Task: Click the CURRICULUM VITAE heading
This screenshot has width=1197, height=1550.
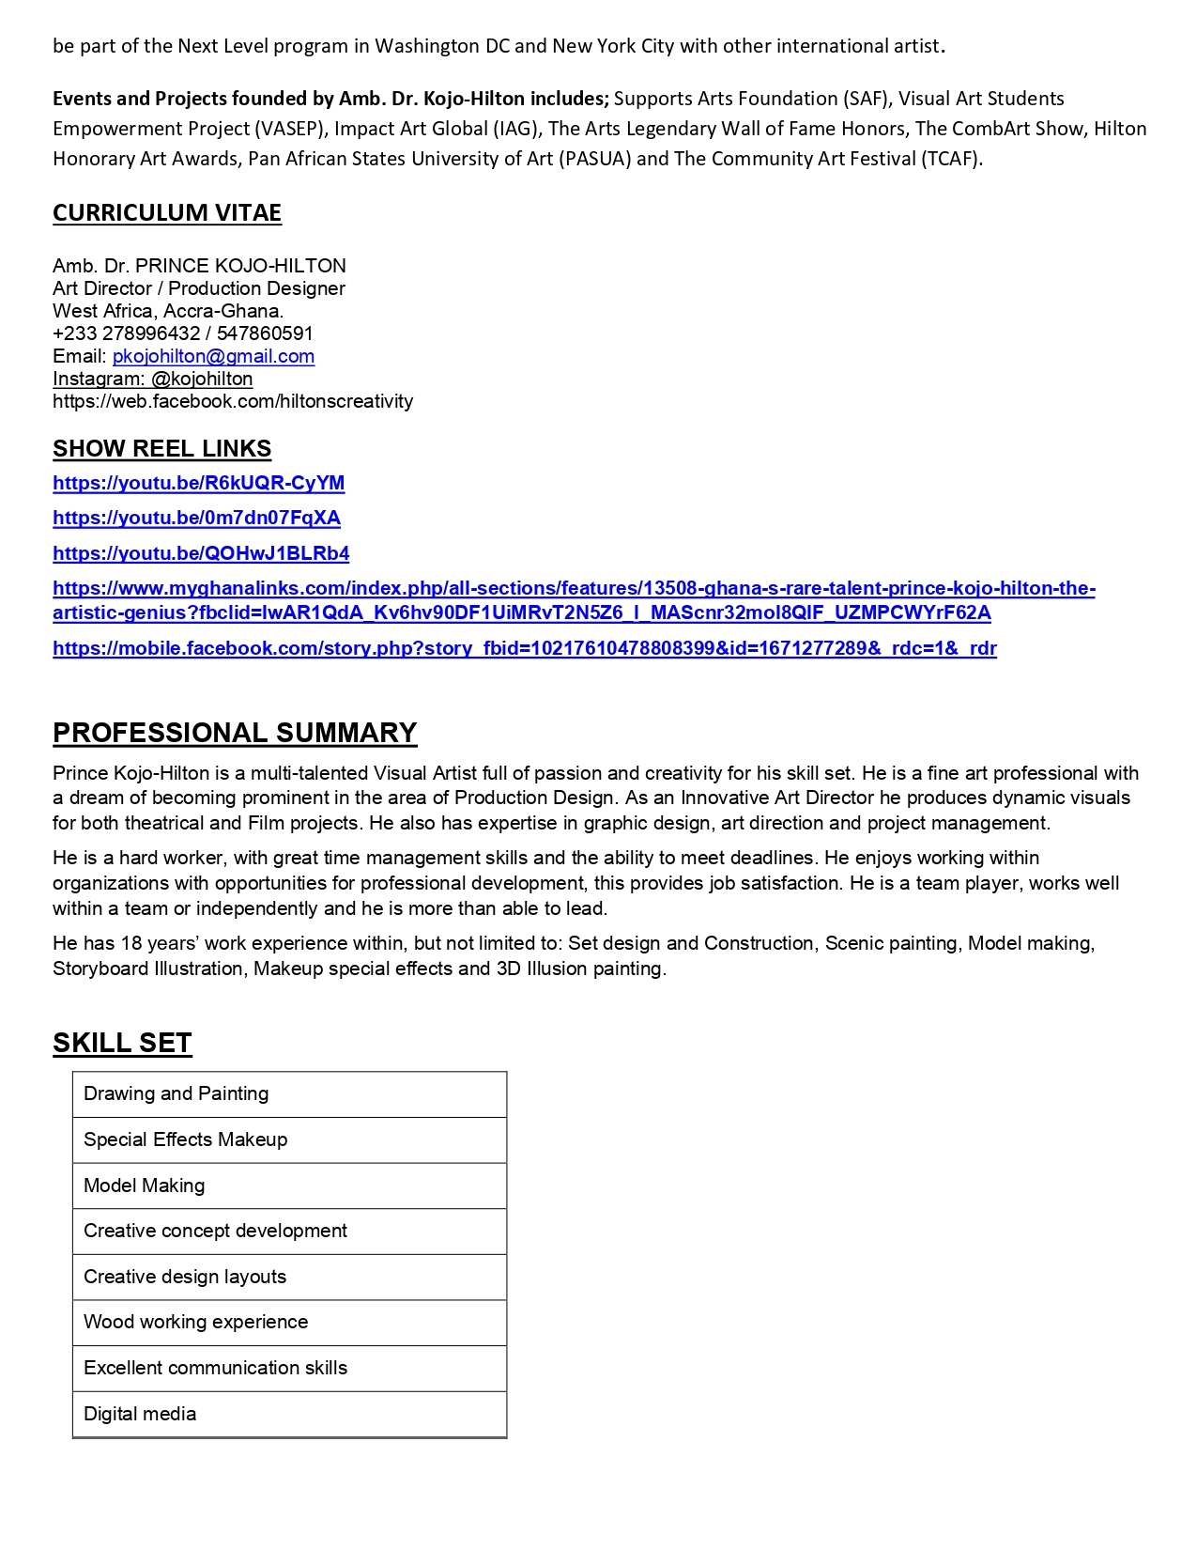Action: pos(167,213)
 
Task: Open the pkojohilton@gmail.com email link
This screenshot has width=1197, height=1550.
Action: pos(213,356)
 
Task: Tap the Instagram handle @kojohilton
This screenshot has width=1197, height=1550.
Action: pos(202,379)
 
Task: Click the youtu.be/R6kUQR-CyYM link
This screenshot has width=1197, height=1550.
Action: pos(199,483)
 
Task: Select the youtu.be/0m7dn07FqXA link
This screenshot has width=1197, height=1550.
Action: pos(196,518)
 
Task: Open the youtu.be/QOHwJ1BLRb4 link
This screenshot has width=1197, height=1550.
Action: pos(201,553)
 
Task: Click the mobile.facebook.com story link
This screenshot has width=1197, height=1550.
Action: pos(524,648)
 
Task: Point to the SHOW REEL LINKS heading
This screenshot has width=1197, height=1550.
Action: pos(161,449)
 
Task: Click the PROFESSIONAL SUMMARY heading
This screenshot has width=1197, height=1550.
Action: pos(235,733)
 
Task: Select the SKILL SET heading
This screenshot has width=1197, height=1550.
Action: pos(122,1043)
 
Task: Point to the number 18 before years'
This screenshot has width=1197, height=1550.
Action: pos(131,943)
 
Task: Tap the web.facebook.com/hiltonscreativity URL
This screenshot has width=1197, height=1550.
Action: pos(233,401)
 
